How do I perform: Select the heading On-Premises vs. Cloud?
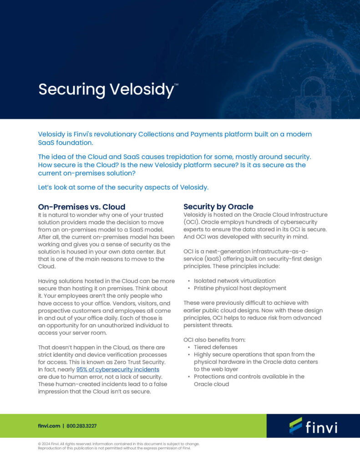[x=81, y=207]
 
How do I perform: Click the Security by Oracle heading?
[x=218, y=207]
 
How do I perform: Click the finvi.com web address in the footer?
[x=49, y=426]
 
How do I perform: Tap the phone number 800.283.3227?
[x=81, y=426]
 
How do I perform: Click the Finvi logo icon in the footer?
[x=295, y=425]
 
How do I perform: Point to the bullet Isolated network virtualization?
[x=234, y=281]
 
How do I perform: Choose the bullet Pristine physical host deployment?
[x=240, y=288]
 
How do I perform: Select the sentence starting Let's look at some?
[x=123, y=187]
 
